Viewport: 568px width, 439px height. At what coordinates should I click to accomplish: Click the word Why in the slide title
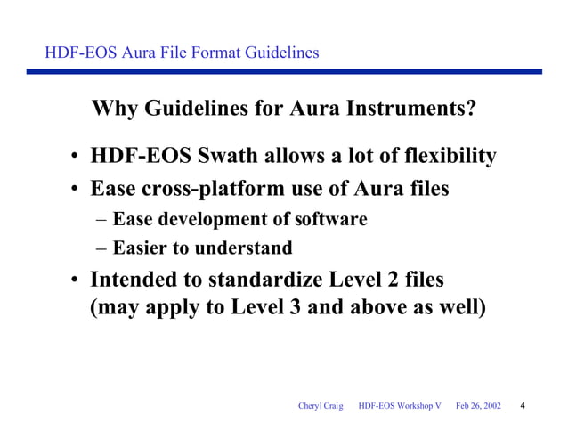coord(114,110)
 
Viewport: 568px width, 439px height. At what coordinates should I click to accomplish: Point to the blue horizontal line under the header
coord(284,72)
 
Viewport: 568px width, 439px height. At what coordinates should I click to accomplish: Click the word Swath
coord(213,157)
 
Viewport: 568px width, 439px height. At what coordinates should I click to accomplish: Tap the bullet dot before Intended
coord(77,282)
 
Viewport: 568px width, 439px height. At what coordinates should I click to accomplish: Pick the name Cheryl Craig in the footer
coord(320,406)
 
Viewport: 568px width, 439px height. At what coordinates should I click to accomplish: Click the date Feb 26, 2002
coord(478,406)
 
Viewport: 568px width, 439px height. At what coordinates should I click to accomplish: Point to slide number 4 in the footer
coord(522,406)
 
